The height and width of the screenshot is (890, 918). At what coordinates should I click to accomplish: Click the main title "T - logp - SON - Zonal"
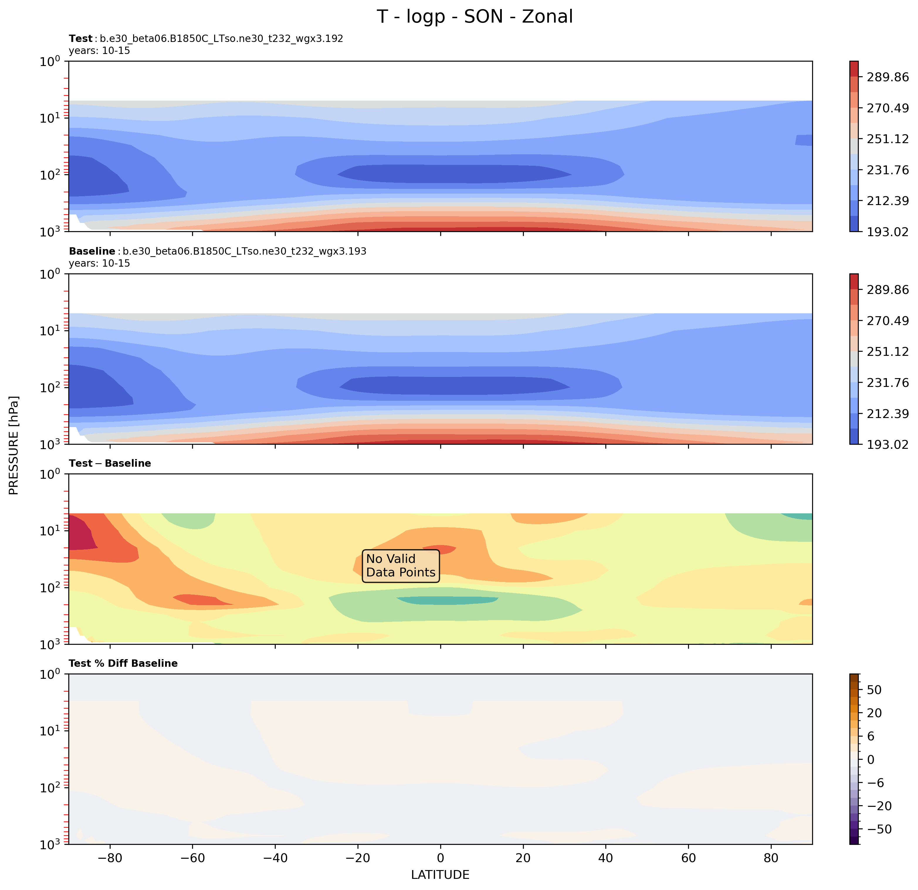(475, 17)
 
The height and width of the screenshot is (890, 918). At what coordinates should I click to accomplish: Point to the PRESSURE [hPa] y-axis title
(14, 445)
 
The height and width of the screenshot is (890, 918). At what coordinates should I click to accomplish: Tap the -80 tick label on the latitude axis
(110, 858)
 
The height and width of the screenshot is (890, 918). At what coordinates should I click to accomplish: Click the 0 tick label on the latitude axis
(440, 858)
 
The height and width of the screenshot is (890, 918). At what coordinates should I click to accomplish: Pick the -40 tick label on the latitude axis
(275, 858)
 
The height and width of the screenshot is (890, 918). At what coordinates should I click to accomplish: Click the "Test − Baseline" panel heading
(110, 463)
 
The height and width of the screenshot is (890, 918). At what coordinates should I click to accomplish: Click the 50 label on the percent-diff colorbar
(874, 690)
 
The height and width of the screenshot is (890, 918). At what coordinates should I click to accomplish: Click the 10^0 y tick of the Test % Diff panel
(50, 674)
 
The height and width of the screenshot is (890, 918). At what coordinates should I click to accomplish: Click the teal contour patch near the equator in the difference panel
(447, 600)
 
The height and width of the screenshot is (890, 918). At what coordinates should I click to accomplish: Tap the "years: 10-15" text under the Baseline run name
(99, 263)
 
